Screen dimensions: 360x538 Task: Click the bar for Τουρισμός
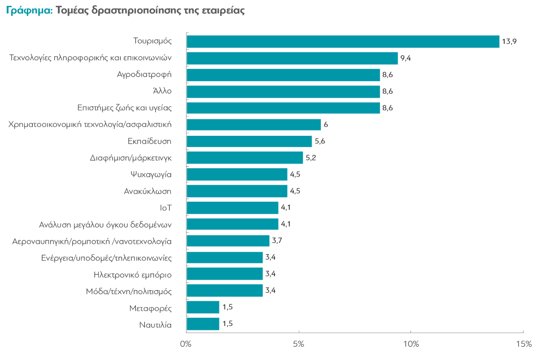coord(343,41)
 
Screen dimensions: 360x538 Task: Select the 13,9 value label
coord(510,41)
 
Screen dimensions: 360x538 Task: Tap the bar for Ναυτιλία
coord(203,324)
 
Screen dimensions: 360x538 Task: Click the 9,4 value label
coord(406,58)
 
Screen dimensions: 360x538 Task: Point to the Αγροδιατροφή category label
coord(144,74)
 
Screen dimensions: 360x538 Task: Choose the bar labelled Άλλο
coord(283,91)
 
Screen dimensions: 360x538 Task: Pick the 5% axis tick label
coord(299,344)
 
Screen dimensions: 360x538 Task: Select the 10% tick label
coord(411,344)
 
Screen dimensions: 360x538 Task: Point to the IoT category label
coord(166,208)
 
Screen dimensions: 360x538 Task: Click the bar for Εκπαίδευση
coord(249,141)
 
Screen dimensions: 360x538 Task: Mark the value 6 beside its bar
coord(325,125)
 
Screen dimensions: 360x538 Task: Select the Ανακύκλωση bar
coord(237,191)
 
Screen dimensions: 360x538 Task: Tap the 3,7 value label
coord(277,241)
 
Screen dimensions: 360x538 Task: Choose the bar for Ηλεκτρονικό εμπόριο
coord(224,273)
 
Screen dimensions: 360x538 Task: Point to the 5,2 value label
coord(311,158)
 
